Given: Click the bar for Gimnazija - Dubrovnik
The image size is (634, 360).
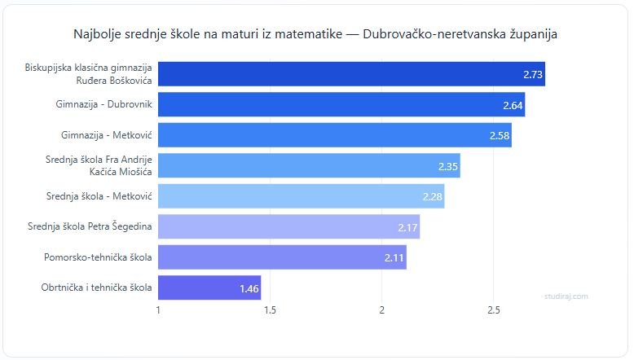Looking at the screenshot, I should coord(341,104).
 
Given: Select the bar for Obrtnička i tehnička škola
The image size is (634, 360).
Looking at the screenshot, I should coord(209,288).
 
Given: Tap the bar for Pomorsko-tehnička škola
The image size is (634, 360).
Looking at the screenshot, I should coord(281,257).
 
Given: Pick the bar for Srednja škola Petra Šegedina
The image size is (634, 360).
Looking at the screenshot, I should coord(288,226).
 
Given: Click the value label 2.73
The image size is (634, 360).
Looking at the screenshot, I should coord(533,74).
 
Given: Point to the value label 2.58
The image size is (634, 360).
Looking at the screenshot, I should coord(500,135).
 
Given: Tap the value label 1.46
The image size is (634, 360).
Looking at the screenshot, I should coord(249,288).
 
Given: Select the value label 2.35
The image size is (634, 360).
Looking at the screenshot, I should coord(448,166).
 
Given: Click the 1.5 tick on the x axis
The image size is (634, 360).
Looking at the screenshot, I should coord(270,310).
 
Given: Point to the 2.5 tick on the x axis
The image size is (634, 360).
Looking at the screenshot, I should coord(493,310).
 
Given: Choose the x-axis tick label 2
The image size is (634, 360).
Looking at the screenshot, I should coord(381,310).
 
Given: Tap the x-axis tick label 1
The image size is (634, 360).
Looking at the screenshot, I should coord(158,310).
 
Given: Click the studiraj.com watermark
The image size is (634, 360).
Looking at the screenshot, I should coord(566,296).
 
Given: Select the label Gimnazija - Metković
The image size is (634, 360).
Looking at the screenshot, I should coord(107,135).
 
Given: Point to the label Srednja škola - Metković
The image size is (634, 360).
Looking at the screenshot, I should coord(101,196).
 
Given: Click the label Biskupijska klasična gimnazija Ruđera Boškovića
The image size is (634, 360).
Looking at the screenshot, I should coord(90,74).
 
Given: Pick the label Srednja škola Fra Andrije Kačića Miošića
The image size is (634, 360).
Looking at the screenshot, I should coord(99,165).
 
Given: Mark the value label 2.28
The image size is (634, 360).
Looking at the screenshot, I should coord(433,196).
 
